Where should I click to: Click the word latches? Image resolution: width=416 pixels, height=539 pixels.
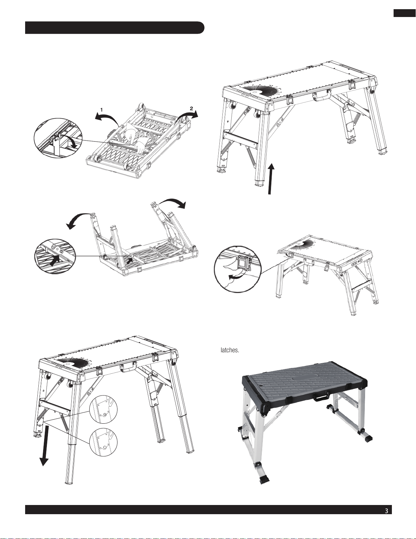pyautogui.click(x=230, y=350)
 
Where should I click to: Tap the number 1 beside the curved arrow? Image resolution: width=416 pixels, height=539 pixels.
pyautogui.click(x=102, y=110)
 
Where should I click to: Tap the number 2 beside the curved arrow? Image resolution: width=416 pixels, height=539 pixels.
pyautogui.click(x=192, y=108)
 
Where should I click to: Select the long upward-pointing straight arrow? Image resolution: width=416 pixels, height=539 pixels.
pyautogui.click(x=271, y=179)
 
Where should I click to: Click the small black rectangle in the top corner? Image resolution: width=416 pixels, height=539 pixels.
pyautogui.click(x=404, y=13)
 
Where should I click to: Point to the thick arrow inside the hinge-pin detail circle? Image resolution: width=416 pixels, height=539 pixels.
pyautogui.click(x=54, y=261)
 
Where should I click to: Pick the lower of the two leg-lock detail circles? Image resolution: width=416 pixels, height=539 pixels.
pyautogui.click(x=103, y=442)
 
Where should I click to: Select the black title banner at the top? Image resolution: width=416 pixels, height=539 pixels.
pyautogui.click(x=115, y=28)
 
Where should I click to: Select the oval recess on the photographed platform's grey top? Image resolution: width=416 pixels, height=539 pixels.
pyautogui.click(x=304, y=379)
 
